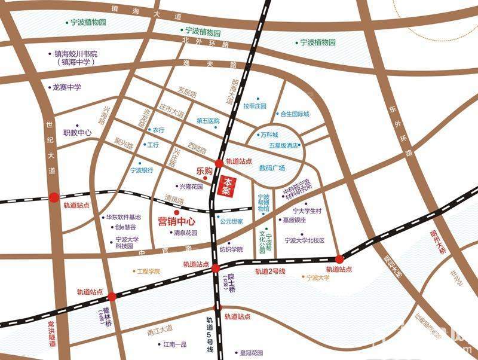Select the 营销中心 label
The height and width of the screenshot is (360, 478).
click(x=176, y=221)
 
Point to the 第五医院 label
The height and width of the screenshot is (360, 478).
click(x=209, y=121)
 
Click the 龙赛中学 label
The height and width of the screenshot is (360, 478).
click(x=67, y=87)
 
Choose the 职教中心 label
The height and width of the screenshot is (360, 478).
click(x=78, y=133)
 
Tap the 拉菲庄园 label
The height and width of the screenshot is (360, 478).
click(x=255, y=106)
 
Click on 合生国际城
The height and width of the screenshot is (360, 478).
click(x=295, y=114)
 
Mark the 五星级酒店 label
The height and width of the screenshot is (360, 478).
click(x=284, y=145)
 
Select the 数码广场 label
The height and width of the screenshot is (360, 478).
click(x=272, y=167)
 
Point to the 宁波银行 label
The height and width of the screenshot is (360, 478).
click(x=142, y=170)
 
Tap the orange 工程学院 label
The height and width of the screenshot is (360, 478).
click(x=149, y=271)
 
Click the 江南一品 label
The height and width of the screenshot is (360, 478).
click(x=175, y=344)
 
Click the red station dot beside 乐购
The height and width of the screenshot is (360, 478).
click(x=219, y=163)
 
